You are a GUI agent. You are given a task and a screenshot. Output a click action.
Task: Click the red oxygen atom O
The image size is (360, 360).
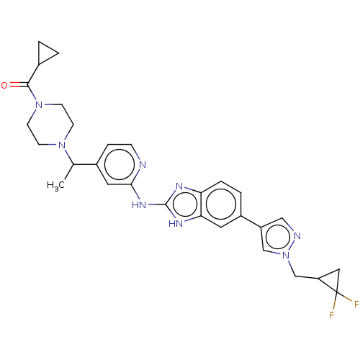[4, 85]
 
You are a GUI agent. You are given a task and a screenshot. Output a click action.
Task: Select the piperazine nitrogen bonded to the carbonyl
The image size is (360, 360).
[39, 105]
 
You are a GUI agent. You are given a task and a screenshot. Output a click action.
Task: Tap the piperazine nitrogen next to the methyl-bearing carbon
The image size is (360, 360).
[62, 145]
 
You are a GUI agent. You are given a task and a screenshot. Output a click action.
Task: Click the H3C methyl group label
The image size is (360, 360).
[55, 185]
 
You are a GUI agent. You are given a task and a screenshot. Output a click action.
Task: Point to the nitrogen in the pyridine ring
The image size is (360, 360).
[143, 165]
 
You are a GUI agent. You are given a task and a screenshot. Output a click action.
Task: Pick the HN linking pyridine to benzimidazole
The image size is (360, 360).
[139, 204]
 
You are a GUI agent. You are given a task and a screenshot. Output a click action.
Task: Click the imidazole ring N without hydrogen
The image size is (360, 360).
[179, 186]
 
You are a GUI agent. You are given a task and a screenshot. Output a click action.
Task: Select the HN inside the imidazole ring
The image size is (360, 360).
[176, 224]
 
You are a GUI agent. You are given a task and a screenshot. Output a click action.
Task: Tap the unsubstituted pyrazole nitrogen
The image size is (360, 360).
[297, 235]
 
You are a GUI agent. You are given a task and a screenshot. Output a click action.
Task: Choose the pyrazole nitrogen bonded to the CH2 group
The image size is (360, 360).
[286, 256]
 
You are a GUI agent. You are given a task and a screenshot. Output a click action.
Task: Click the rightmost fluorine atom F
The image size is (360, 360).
[356, 304]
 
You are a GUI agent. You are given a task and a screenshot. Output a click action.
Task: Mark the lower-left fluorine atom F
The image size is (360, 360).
[332, 315]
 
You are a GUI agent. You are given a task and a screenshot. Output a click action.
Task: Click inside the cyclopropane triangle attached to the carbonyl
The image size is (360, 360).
[45, 53]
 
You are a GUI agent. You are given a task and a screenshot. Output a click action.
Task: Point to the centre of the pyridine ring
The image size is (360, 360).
[120, 164]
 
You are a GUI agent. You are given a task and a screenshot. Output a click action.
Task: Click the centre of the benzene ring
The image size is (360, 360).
[221, 204]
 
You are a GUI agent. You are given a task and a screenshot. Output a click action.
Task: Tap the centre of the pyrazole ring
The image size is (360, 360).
[278, 238]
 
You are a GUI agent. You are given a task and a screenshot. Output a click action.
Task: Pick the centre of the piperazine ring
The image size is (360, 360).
[50, 125]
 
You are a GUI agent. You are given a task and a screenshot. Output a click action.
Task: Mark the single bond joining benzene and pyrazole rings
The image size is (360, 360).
[251, 222]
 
